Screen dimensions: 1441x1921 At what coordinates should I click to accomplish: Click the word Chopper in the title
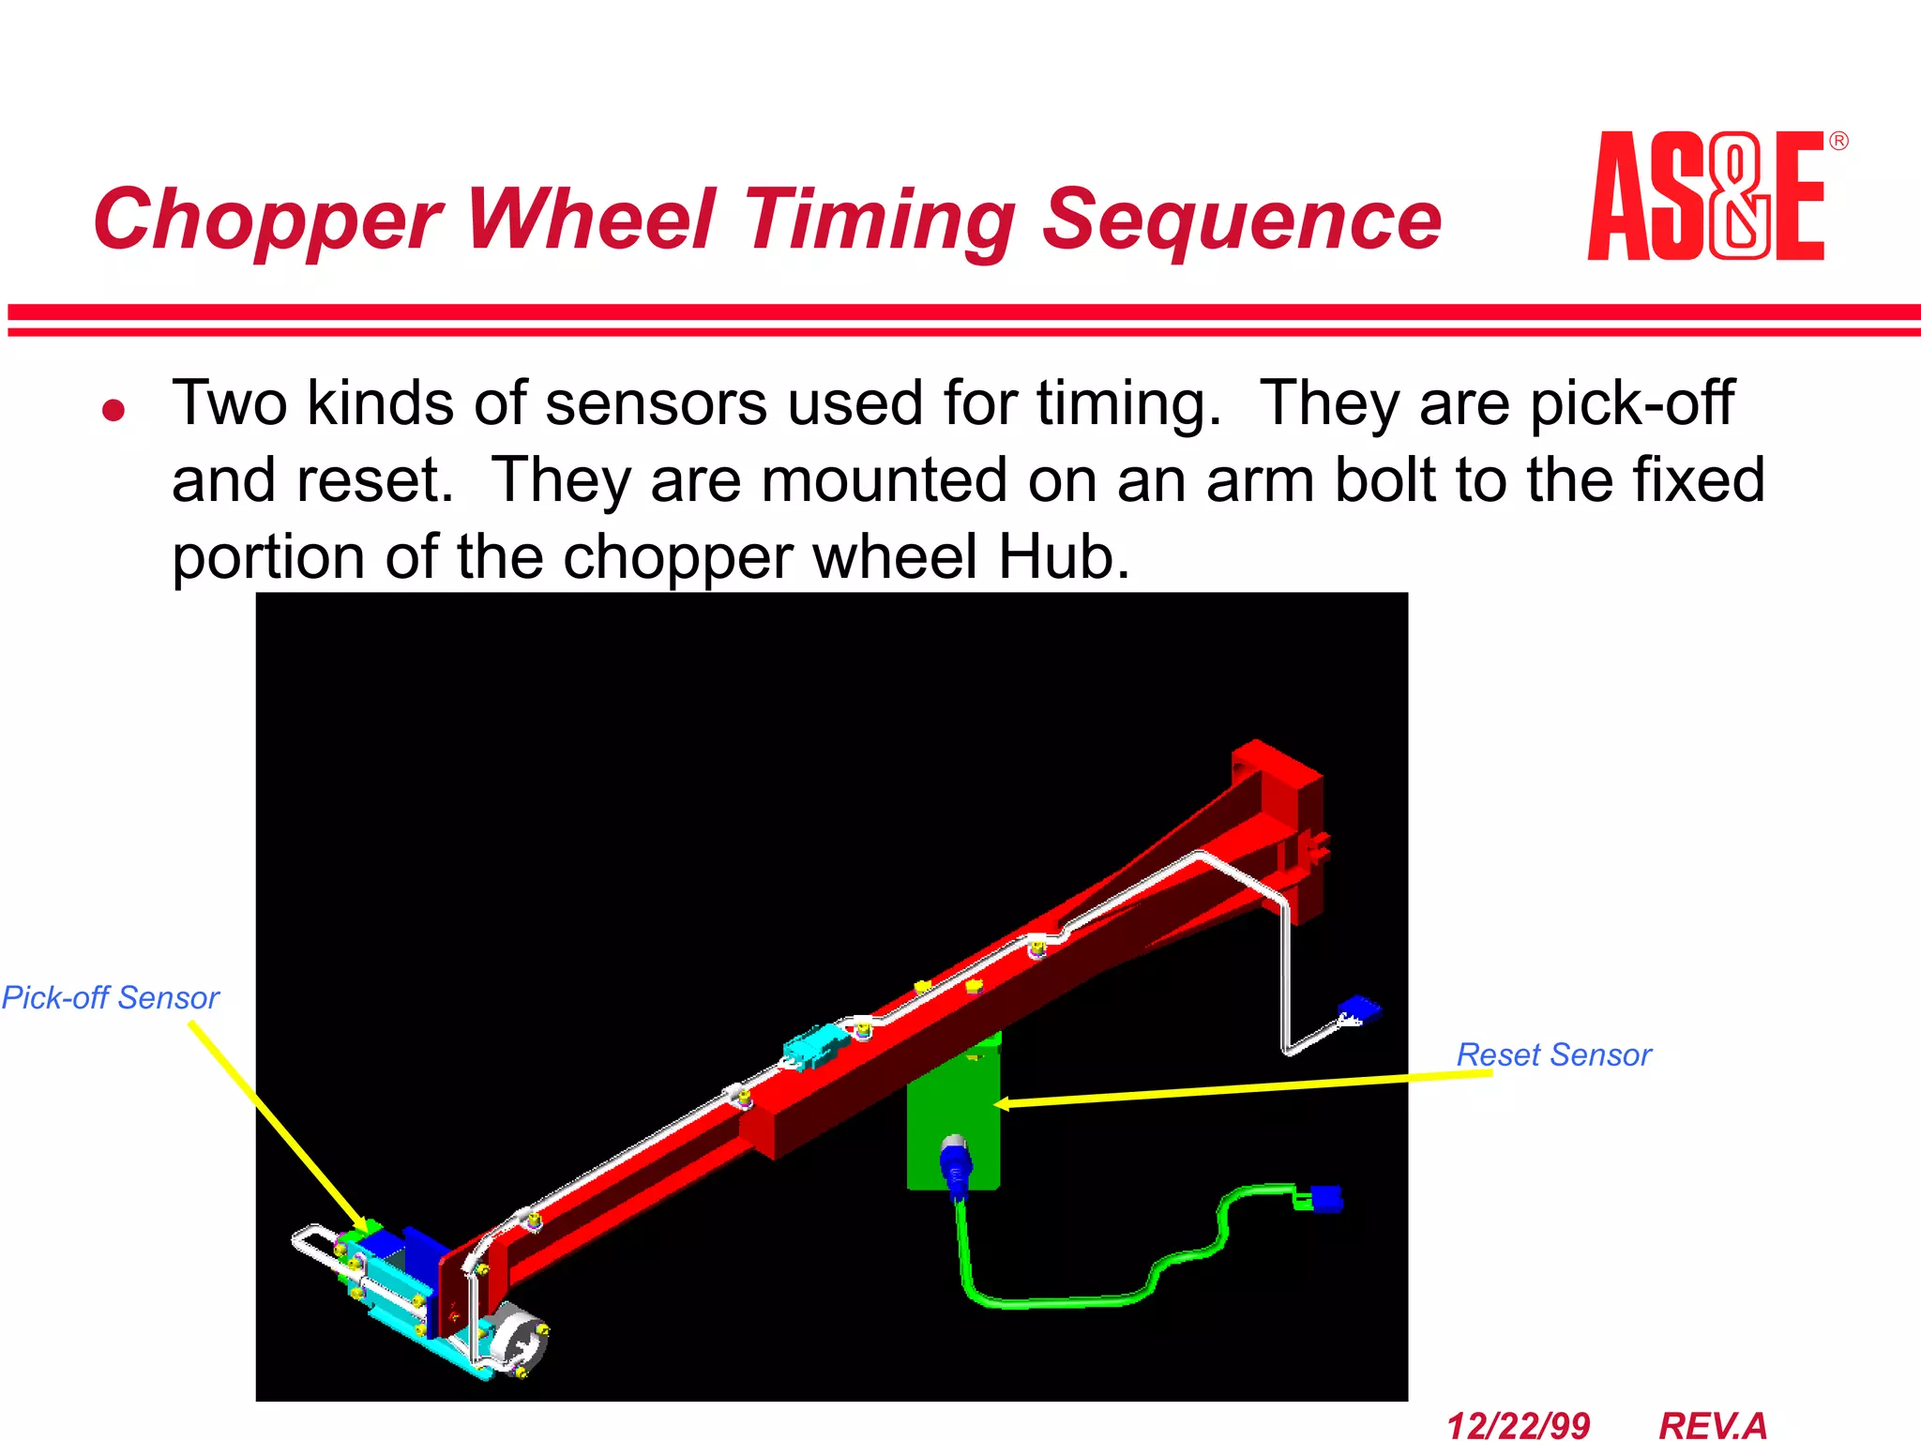pos(266,221)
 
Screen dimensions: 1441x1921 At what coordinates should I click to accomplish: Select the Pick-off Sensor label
pos(110,997)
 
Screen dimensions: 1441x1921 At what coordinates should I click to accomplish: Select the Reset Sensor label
pos(1553,1054)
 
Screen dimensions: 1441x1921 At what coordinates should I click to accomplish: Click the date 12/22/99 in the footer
pos(1518,1425)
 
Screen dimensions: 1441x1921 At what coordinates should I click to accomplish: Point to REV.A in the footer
pos(1713,1425)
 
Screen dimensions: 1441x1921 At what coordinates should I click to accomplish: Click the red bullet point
pos(113,410)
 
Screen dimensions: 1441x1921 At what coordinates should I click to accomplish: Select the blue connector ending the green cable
pos(1324,1198)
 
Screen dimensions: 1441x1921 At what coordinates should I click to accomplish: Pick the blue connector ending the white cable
pos(1359,1010)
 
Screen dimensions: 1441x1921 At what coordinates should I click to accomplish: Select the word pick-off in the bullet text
pos(1631,403)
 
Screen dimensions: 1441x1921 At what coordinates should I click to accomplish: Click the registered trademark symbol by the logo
pos(1838,142)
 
